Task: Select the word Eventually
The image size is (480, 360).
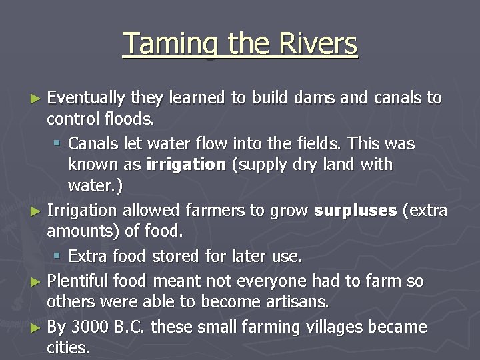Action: [x=86, y=98]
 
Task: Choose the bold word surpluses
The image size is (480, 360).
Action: [x=355, y=211]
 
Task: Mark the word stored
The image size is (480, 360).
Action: [x=175, y=256]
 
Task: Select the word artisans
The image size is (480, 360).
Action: [x=299, y=302]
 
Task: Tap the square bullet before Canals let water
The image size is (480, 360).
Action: [x=58, y=143]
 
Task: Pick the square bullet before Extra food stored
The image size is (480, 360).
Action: [x=58, y=256]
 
